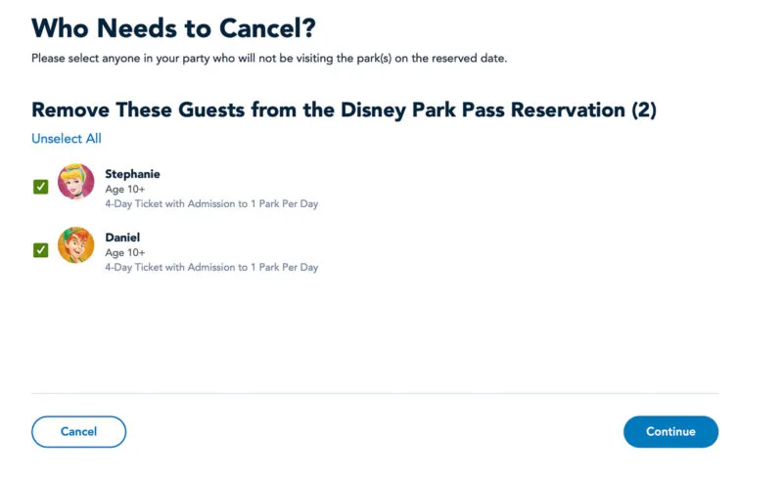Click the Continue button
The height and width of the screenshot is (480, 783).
pyautogui.click(x=670, y=431)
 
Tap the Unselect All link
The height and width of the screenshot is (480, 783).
pyautogui.click(x=67, y=138)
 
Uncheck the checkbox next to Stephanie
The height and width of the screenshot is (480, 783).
pyautogui.click(x=40, y=187)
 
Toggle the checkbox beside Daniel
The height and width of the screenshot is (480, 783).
pyautogui.click(x=40, y=250)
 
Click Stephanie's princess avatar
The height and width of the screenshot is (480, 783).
pyautogui.click(x=76, y=182)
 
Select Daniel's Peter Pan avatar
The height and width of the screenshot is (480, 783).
pyautogui.click(x=76, y=245)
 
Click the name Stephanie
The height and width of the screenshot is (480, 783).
pyautogui.click(x=132, y=174)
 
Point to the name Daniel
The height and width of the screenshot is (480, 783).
pyautogui.click(x=122, y=238)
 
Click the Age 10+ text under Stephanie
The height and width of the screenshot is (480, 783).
pyautogui.click(x=125, y=189)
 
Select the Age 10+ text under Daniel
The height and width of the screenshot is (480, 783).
pyautogui.click(x=125, y=252)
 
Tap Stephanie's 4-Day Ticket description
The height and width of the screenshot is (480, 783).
pyautogui.click(x=211, y=203)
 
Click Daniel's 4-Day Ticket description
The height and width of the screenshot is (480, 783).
pyautogui.click(x=211, y=267)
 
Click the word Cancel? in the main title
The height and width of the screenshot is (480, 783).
pyautogui.click(x=267, y=28)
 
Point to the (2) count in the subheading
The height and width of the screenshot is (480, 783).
pyautogui.click(x=644, y=109)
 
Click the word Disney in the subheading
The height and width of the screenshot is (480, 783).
pyautogui.click(x=373, y=110)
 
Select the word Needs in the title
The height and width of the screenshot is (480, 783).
pyautogui.click(x=136, y=28)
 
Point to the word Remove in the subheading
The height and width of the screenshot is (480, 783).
pyautogui.click(x=70, y=109)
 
